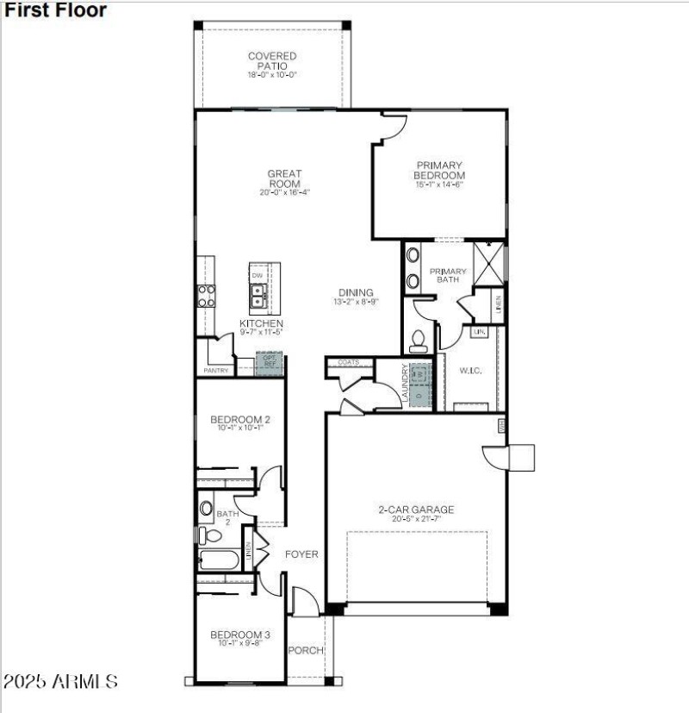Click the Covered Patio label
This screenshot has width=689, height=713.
(x=272, y=61)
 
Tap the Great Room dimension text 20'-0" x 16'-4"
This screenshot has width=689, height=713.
(x=284, y=193)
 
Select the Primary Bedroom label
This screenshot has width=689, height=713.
(x=439, y=170)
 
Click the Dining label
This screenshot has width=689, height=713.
(x=355, y=292)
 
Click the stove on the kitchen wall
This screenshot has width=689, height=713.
(x=207, y=296)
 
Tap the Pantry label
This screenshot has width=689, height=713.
(x=215, y=370)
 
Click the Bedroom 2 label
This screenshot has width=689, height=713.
(x=240, y=420)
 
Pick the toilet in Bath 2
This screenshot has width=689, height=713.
(x=205, y=535)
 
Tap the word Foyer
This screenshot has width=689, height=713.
(x=301, y=554)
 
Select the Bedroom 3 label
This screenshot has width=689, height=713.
(x=240, y=635)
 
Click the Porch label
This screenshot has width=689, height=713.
(x=305, y=650)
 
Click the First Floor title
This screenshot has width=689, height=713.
(x=56, y=10)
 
